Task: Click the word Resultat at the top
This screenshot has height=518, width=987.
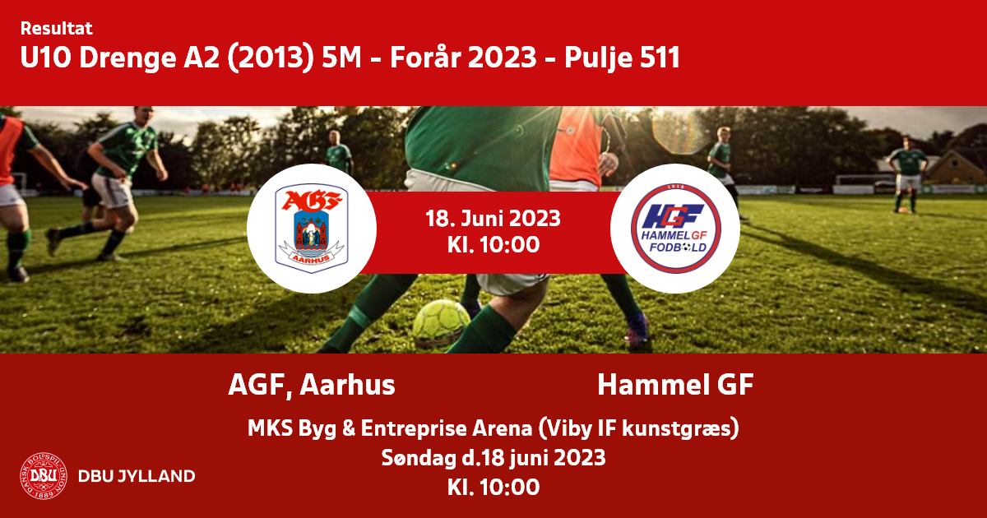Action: (x=57, y=29)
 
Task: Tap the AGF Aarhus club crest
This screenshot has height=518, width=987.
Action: (x=312, y=229)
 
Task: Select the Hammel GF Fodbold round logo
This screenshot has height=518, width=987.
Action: (x=675, y=229)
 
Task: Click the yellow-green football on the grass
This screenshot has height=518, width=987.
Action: (x=441, y=323)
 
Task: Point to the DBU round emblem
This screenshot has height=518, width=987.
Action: (x=44, y=476)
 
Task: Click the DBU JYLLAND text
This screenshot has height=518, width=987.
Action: (x=137, y=476)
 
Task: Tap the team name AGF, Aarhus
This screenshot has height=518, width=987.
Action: (x=312, y=385)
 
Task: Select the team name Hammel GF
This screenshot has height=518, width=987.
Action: (x=675, y=385)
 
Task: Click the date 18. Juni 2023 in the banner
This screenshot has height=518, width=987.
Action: (x=493, y=219)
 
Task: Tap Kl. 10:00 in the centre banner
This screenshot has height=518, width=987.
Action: (x=493, y=244)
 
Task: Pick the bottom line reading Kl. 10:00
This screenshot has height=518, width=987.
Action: (x=493, y=487)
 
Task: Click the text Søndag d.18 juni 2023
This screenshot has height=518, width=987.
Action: (x=493, y=458)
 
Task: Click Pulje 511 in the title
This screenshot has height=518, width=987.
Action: (x=622, y=58)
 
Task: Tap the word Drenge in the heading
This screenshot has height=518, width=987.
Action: (x=127, y=58)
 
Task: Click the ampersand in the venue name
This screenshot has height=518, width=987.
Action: (x=349, y=428)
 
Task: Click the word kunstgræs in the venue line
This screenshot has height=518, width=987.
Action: (x=675, y=429)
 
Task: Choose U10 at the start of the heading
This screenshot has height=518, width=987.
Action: (x=46, y=58)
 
